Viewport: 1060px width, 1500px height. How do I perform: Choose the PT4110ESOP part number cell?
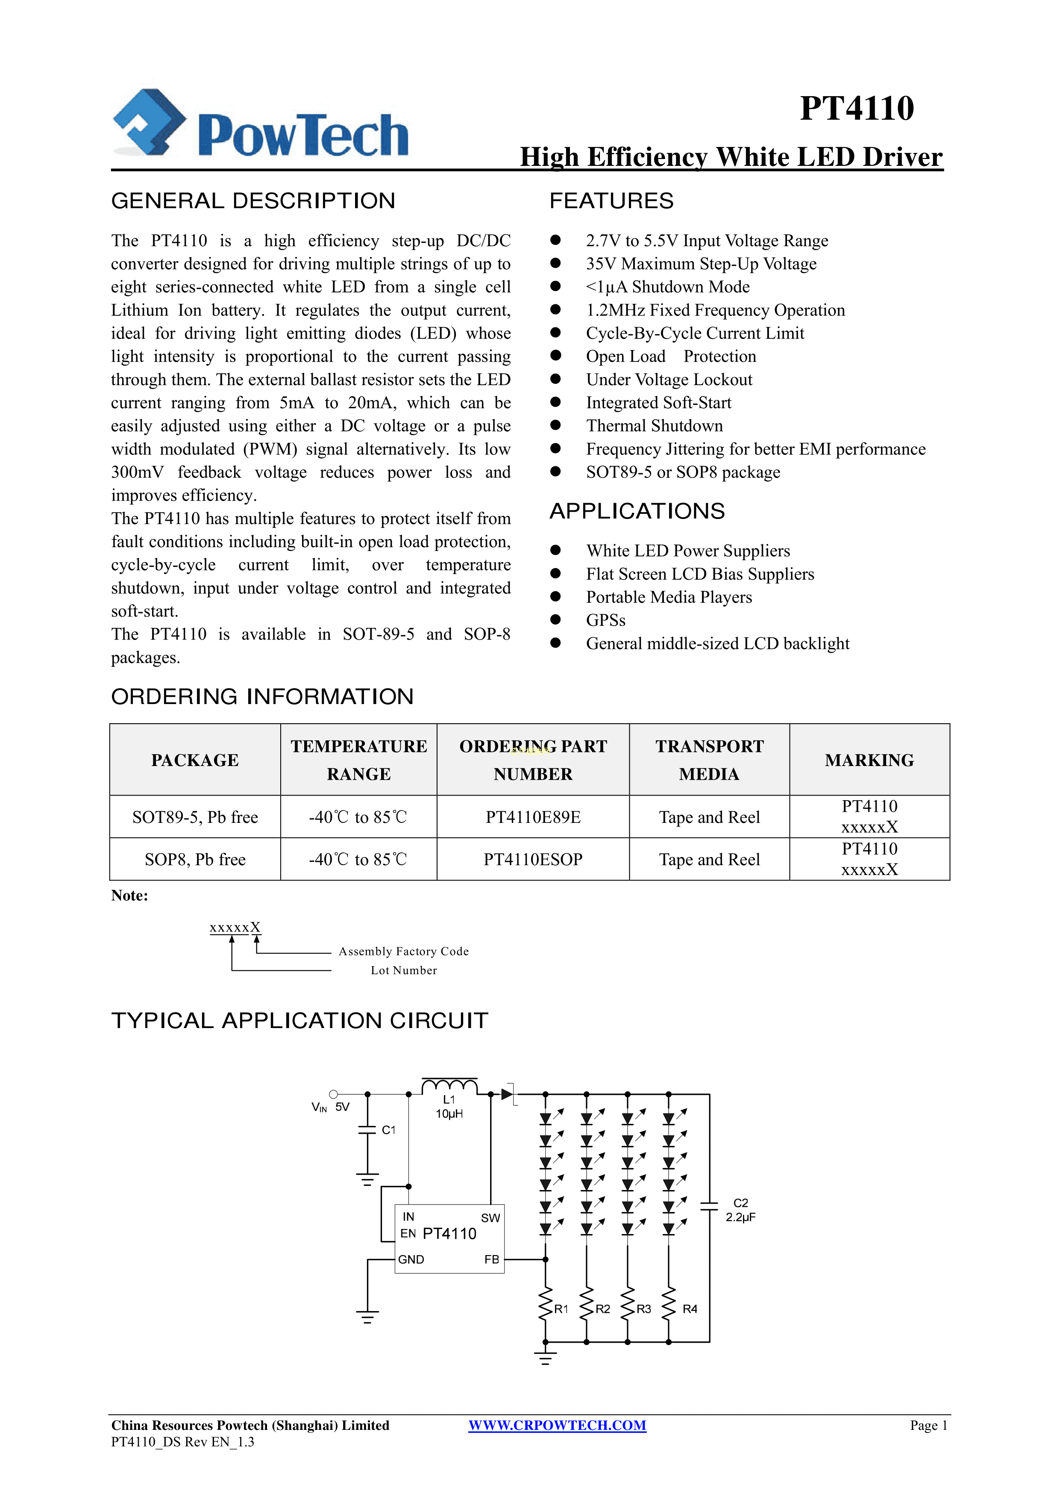tap(532, 859)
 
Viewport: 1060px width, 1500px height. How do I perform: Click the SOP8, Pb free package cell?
tap(195, 859)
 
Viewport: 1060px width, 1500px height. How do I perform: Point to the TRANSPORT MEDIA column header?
tap(709, 760)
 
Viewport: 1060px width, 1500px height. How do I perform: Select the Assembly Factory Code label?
tap(403, 951)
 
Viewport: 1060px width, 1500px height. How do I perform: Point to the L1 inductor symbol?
tap(449, 1086)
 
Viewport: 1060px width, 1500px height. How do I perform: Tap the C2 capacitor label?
tap(740, 1203)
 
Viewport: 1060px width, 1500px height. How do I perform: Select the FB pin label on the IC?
tap(491, 1259)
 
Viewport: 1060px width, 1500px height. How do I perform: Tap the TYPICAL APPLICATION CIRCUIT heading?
tap(300, 1020)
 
